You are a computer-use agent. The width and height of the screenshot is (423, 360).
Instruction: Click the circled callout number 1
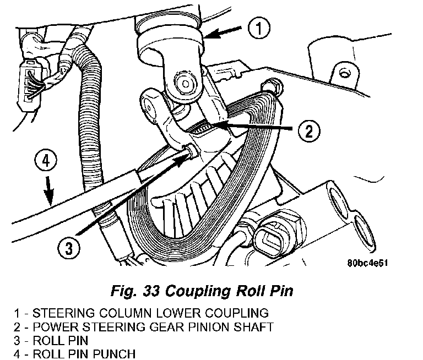pos(259,28)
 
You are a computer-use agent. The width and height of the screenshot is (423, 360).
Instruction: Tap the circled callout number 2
pos(309,131)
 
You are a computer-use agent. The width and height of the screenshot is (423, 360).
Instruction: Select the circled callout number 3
pos(69,248)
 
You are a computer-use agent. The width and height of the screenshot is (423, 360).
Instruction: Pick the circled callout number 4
pos(46,161)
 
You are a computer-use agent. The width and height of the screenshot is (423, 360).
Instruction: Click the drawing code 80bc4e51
pos(367,263)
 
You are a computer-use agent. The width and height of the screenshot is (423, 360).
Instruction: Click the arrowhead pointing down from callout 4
pos(50,198)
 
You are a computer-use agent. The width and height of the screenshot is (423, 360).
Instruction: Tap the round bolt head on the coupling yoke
pos(185,83)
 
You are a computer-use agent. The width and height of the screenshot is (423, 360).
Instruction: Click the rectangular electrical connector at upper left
pos(29,84)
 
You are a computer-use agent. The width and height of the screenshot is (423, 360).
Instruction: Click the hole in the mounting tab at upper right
pos(344,73)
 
